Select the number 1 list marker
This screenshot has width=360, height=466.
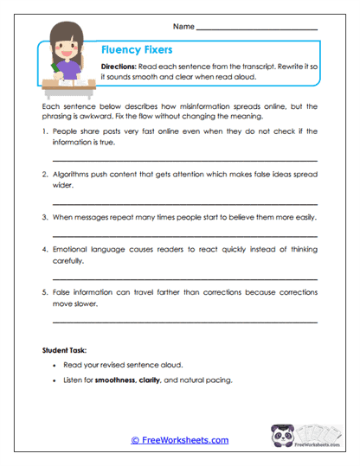click(44, 131)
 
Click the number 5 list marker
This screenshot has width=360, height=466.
click(44, 291)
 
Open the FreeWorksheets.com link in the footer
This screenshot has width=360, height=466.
click(179, 440)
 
